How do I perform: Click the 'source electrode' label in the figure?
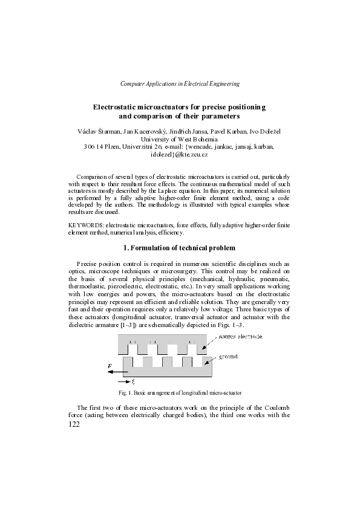[x=240, y=336]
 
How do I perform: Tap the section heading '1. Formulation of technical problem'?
[x=180, y=248]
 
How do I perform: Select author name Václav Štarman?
[x=100, y=131]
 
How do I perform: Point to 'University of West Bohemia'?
[x=180, y=139]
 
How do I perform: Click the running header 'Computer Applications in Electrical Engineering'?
[x=180, y=83]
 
